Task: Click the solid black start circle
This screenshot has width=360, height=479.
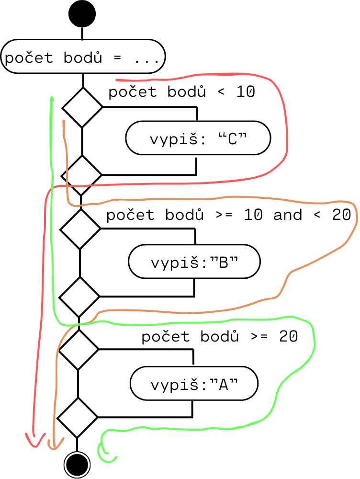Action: point(82,14)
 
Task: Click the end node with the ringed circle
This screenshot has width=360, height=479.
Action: point(77,464)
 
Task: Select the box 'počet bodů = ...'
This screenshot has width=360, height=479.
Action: point(83,57)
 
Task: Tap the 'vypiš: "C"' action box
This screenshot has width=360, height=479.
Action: point(198,139)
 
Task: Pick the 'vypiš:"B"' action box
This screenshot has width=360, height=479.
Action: point(194,262)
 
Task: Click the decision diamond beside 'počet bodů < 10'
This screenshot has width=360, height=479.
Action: point(82,107)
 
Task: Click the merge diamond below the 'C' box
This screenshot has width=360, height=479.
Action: point(82,175)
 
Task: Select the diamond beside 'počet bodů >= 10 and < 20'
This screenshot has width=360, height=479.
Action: point(80,229)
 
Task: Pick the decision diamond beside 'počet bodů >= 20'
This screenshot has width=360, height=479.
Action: point(78,350)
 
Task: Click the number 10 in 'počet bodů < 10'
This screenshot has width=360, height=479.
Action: point(246,92)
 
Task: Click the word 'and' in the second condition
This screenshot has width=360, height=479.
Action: point(288,215)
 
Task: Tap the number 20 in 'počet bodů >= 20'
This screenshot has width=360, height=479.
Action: point(288,337)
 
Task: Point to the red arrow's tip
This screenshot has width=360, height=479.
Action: point(34,446)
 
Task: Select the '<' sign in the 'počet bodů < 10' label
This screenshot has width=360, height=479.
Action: point(221,92)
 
